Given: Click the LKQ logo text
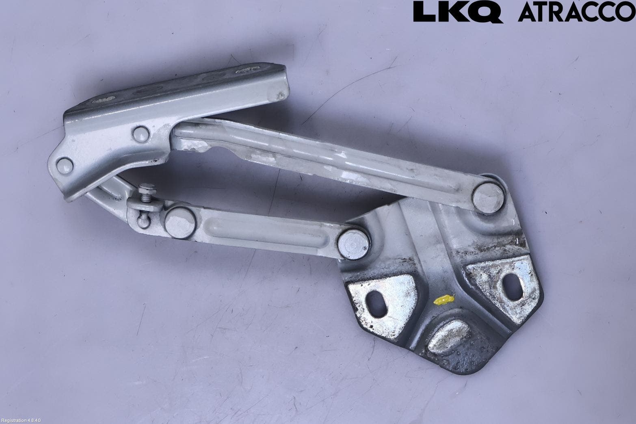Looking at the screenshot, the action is coord(458,12).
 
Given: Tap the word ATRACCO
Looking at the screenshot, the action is coord(577,11).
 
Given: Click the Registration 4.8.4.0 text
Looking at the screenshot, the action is coord(21,421).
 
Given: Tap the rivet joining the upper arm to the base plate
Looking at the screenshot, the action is coord(488,198).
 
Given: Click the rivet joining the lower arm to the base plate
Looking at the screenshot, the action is coord(353,244).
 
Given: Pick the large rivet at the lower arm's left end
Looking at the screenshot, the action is coord(180,223).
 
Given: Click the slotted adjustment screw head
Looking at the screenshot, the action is coord(147,188).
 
